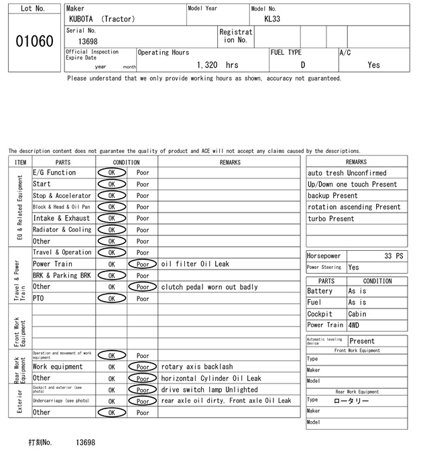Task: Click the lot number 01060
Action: pyautogui.click(x=34, y=42)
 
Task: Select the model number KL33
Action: pyautogui.click(x=272, y=19)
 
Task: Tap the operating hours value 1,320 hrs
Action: pyautogui.click(x=218, y=65)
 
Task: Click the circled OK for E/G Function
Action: pyautogui.click(x=112, y=172)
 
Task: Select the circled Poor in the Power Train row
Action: pyautogui.click(x=143, y=264)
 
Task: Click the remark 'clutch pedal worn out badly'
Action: pyautogui.click(x=209, y=287)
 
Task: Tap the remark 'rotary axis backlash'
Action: pyautogui.click(x=197, y=367)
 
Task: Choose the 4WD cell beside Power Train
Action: pyautogui.click(x=354, y=325)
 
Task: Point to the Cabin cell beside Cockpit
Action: pyautogui.click(x=357, y=314)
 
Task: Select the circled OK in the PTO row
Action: pyautogui.click(x=112, y=298)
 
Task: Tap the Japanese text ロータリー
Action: pyautogui.click(x=351, y=400)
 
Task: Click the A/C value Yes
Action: pyautogui.click(x=373, y=65)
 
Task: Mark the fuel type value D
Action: pyautogui.click(x=303, y=65)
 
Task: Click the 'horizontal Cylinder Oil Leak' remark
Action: pyautogui.click(x=211, y=378)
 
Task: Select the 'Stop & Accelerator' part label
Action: pyautogui.click(x=61, y=195)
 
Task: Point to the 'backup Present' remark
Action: pyautogui.click(x=332, y=196)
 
